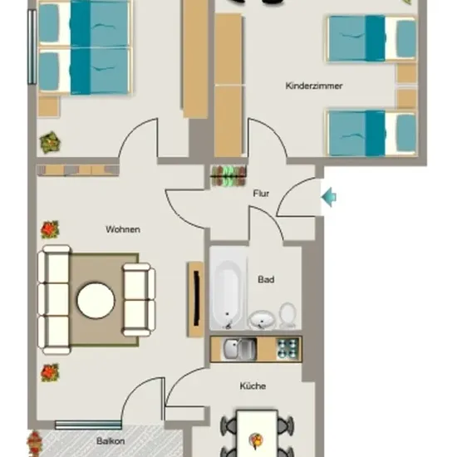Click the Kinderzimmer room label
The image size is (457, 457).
(x=313, y=86)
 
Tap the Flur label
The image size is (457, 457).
(x=261, y=194)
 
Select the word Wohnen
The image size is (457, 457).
(x=123, y=229)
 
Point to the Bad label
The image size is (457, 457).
(x=266, y=279)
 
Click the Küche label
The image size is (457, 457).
(x=253, y=386)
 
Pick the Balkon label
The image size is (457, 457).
(x=111, y=441)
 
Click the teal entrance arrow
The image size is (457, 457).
(x=329, y=197)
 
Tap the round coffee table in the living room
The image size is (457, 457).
(x=96, y=300)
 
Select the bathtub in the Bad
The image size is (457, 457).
(x=228, y=289)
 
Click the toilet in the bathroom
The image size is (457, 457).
(x=288, y=316)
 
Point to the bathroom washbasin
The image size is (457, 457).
(x=261, y=320)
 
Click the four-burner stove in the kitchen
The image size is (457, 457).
(x=288, y=349)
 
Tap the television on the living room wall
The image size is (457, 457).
(x=196, y=298)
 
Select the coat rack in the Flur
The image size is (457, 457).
(x=228, y=176)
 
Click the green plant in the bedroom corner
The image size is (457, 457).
(x=50, y=143)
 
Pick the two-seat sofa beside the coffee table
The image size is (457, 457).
(x=139, y=300)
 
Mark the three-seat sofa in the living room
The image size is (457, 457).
(x=55, y=300)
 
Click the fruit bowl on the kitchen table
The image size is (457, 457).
(x=256, y=440)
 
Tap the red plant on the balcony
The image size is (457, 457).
(x=35, y=444)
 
